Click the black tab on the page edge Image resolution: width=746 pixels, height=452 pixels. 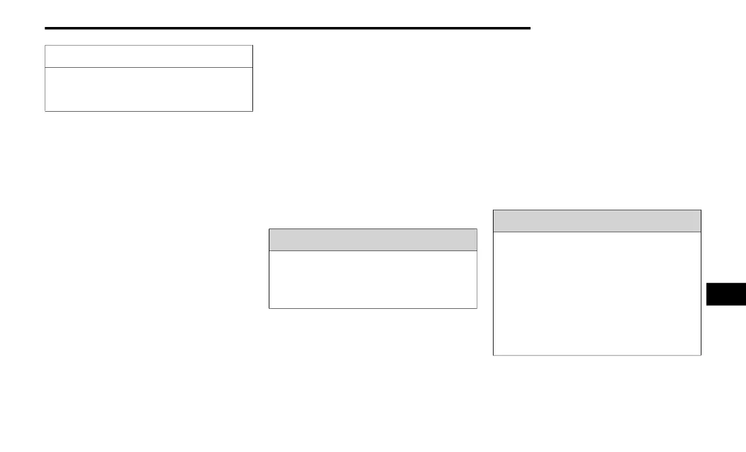click(x=726, y=294)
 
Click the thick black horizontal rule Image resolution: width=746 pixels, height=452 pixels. click(x=288, y=28)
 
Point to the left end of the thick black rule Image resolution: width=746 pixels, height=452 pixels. click(x=46, y=28)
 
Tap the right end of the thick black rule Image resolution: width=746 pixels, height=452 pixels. click(x=530, y=28)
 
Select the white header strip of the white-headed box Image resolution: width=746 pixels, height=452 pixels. click(x=149, y=56)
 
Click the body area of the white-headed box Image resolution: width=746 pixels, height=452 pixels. click(x=149, y=89)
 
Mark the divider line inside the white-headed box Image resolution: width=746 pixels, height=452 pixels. click(x=149, y=67)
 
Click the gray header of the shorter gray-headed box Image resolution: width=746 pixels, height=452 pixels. click(x=373, y=240)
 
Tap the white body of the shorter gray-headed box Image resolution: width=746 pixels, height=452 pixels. click(x=373, y=279)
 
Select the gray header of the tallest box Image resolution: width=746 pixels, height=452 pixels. click(x=597, y=221)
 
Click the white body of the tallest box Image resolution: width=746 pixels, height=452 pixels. click(x=597, y=293)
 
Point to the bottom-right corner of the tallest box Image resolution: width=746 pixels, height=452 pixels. click(x=701, y=355)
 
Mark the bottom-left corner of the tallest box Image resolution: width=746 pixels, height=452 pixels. click(x=494, y=355)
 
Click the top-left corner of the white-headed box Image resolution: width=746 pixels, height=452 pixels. click(x=45, y=45)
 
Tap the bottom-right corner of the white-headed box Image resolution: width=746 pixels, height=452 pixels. click(x=252, y=111)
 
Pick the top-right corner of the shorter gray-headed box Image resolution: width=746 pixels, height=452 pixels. click(x=477, y=229)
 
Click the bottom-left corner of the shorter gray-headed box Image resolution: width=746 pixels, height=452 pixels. click(x=269, y=308)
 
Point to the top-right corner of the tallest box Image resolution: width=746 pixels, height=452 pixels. click(x=701, y=210)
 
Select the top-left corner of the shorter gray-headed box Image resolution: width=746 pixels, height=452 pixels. click(x=269, y=229)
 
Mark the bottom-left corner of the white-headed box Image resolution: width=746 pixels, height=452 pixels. click(x=45, y=111)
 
